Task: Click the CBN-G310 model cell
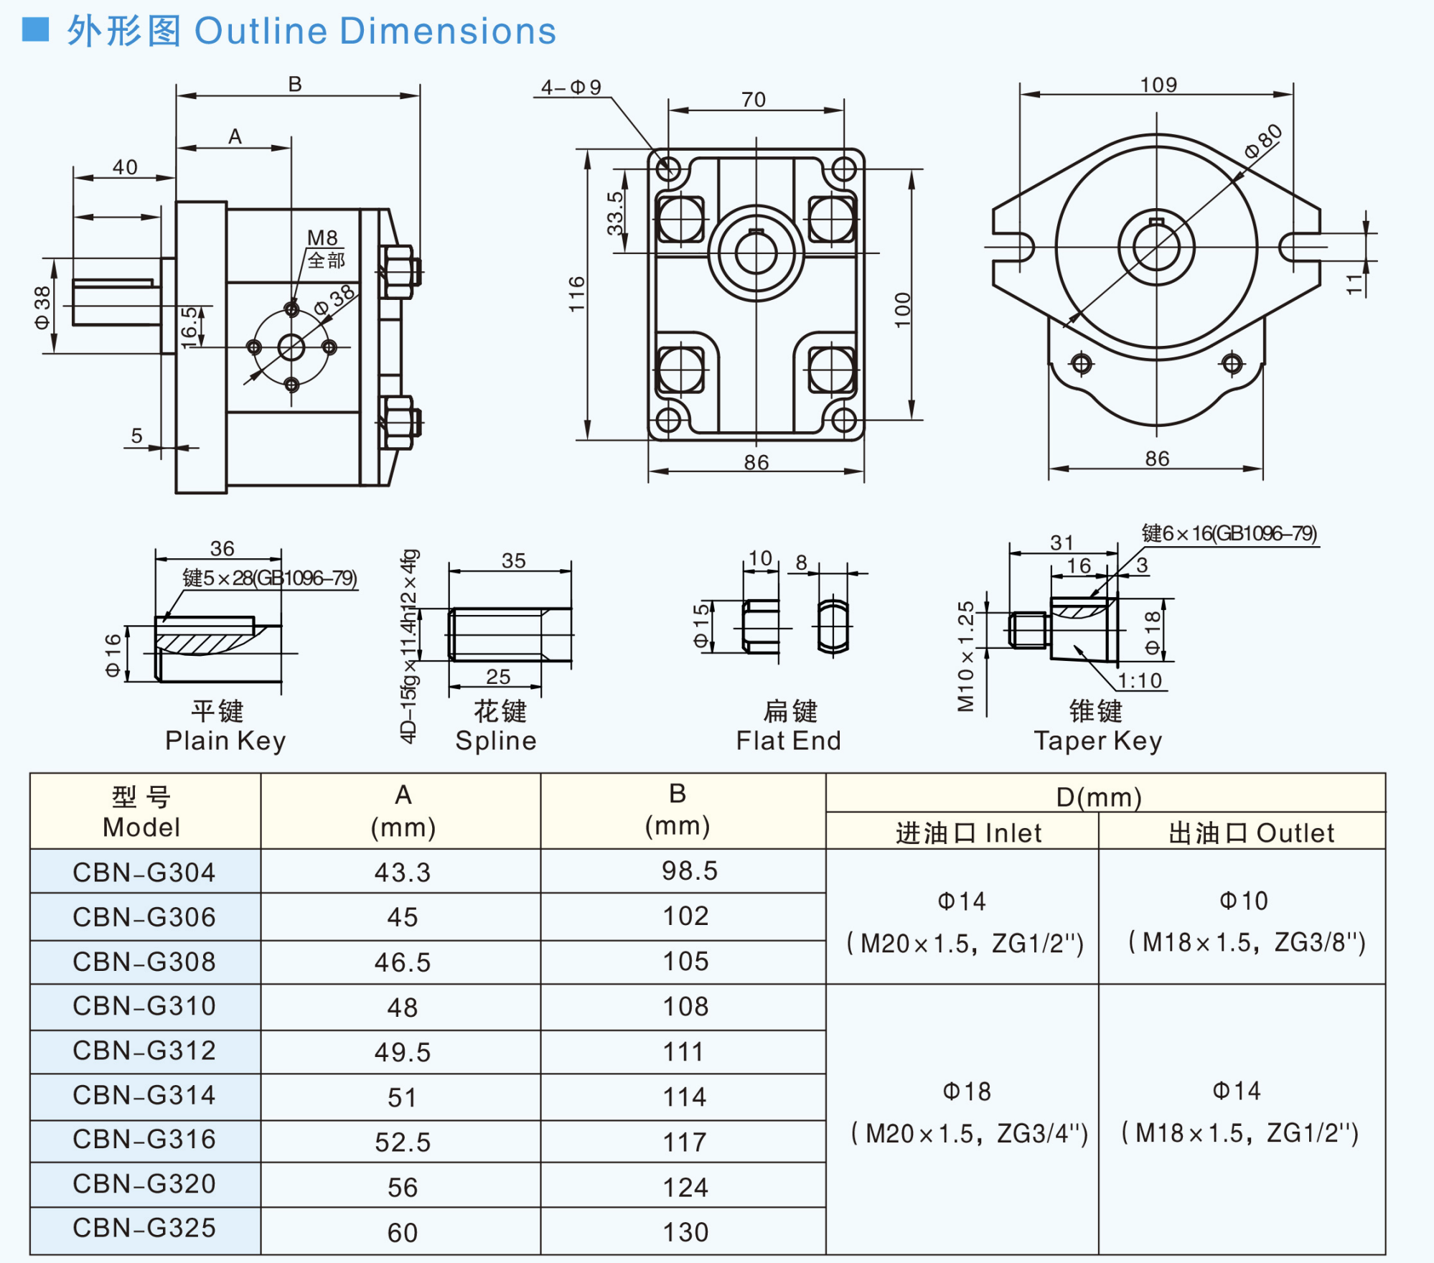pos(144,1006)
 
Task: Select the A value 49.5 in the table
pos(402,1052)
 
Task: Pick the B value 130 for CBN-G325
pos(685,1232)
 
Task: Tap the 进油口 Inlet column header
pos(968,833)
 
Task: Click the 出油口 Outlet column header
pos(1251,833)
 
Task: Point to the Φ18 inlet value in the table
pos(967,1091)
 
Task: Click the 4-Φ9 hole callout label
pos(571,88)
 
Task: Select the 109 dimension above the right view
pos(1158,85)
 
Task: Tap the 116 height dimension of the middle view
pos(577,294)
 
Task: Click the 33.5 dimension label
pos(615,213)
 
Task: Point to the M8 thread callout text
pos(322,238)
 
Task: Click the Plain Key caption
pos(225,741)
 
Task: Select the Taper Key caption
pos(1097,741)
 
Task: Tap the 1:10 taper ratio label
pos(1140,680)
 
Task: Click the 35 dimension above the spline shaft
pos(513,560)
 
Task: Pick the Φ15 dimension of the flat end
pos(701,626)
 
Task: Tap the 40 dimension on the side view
pos(125,167)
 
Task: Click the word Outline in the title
pos(261,32)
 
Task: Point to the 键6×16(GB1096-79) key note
pos(1229,533)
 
